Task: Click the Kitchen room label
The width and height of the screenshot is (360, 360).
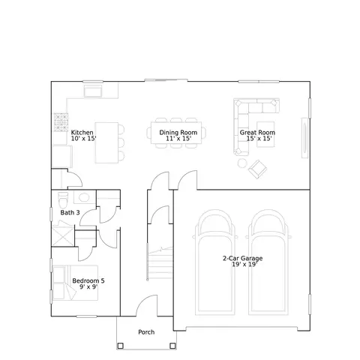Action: click(82, 132)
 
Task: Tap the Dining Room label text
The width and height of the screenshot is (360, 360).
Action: click(178, 132)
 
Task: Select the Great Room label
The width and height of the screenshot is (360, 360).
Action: click(257, 132)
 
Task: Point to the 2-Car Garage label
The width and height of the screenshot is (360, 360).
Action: click(243, 258)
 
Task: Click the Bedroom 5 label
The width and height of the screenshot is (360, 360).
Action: click(88, 280)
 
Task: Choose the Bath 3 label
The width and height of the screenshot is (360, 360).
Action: click(70, 212)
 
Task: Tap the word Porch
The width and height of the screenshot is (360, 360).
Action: click(146, 332)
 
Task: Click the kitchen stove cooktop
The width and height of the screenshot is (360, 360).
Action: click(61, 122)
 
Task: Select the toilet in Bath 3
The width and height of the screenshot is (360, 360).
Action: click(63, 199)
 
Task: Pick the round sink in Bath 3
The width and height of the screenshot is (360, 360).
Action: click(84, 197)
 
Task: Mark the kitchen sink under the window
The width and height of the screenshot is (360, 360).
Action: click(93, 91)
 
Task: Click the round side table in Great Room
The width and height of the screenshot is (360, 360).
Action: click(242, 163)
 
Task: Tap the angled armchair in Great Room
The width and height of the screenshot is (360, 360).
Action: click(257, 169)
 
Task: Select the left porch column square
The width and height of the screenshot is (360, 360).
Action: click(120, 346)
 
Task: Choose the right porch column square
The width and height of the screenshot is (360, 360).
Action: click(172, 346)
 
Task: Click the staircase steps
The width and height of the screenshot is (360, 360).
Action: click(160, 263)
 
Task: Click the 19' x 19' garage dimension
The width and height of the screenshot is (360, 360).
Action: click(244, 264)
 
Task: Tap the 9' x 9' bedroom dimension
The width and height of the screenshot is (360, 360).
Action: click(88, 286)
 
